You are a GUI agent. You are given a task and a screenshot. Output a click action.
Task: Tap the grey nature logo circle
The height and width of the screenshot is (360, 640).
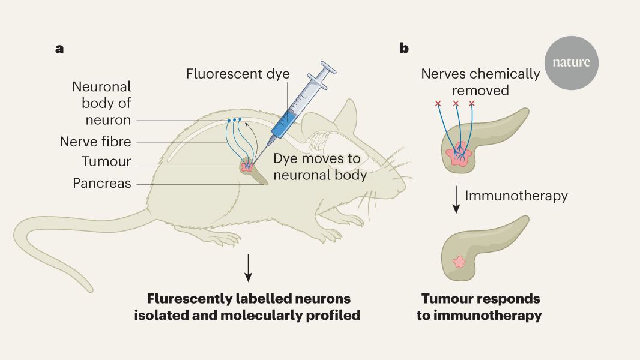570,63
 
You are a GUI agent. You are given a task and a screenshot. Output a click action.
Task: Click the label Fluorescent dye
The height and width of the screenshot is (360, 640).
238,74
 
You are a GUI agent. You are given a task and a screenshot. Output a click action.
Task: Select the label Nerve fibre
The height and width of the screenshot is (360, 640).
95,142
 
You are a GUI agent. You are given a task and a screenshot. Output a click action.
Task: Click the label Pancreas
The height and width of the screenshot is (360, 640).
102,183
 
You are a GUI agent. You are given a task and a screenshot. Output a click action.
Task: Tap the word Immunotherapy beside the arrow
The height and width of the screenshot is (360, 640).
516,196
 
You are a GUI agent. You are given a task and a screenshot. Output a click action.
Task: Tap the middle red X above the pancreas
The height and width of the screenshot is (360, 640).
456,104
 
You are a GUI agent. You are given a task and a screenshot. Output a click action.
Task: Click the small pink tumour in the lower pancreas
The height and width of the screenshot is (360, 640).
459,262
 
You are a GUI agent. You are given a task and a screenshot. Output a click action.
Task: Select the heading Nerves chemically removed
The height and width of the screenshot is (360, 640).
480,82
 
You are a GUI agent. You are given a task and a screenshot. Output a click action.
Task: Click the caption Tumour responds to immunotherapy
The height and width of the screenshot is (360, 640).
480,307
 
